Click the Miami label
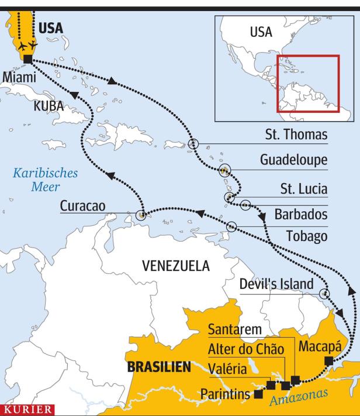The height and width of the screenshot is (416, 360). pyautogui.click(x=19, y=78)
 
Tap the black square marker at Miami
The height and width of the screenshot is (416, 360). pyautogui.click(x=27, y=59)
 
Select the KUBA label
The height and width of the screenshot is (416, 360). pyautogui.click(x=49, y=106)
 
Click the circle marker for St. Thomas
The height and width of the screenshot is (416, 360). pyautogui.click(x=193, y=143)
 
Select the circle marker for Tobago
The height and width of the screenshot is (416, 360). pyautogui.click(x=233, y=226)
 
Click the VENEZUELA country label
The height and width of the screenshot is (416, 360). pyautogui.click(x=175, y=266)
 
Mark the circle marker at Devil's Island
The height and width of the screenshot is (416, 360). pyautogui.click(x=324, y=294)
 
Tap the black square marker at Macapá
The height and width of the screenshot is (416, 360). pyautogui.click(x=328, y=360)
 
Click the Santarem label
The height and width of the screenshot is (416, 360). pyautogui.click(x=234, y=330)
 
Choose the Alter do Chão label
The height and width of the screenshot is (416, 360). pyautogui.click(x=246, y=349)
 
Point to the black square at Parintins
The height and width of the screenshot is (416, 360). pyautogui.click(x=258, y=394)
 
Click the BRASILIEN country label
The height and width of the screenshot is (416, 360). pyautogui.click(x=159, y=367)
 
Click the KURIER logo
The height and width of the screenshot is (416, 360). pyautogui.click(x=27, y=409)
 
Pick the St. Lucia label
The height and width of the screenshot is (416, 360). pyautogui.click(x=300, y=189)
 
